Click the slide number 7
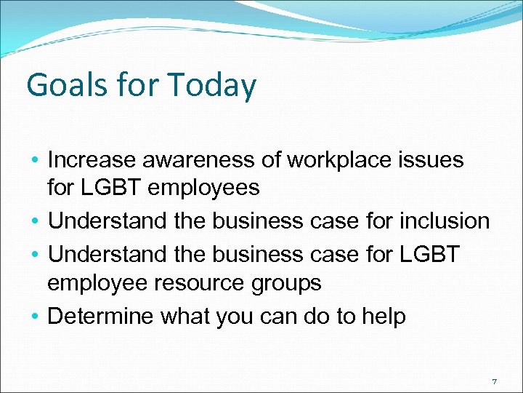pos(494,381)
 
